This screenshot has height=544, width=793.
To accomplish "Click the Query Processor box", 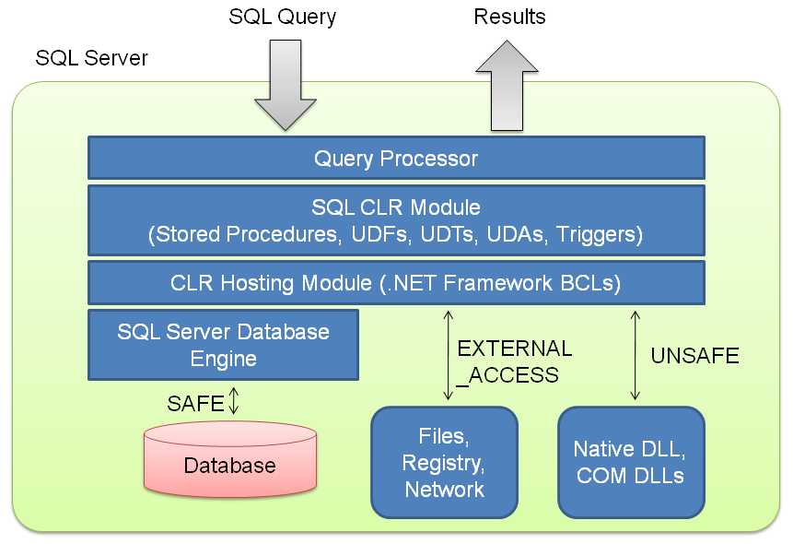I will coord(396,159).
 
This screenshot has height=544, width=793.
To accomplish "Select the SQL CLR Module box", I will coord(396,220).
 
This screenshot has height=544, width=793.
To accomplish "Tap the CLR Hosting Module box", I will coord(396,283).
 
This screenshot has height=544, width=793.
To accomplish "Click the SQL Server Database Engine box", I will coord(223,344).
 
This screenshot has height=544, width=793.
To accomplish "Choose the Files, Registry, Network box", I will coord(444,462).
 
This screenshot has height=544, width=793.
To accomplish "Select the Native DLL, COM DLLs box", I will coord(631,462).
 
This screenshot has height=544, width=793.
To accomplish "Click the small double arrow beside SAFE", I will coord(234,401).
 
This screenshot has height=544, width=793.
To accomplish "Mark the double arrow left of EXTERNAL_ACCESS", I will coord(448,355).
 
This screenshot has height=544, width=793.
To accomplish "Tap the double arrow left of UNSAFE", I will coord(634,355).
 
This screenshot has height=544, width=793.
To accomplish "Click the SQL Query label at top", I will coord(283,17).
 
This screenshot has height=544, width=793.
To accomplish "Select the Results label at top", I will coord(509,17).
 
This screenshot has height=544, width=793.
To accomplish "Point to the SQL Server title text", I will coord(91,58).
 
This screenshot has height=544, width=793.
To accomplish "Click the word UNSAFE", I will coord(694,356).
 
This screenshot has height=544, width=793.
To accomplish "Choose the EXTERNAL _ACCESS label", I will coord(513,361).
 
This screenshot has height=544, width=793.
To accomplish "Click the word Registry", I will coord(445,463).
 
